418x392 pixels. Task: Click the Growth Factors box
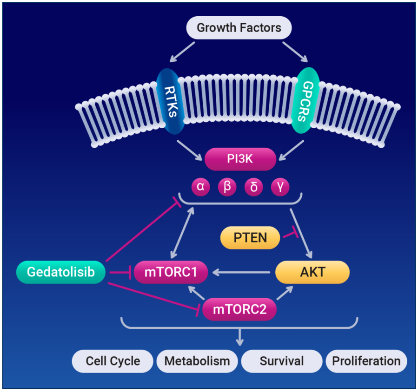coord(239,28)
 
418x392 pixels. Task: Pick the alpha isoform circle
coord(200,187)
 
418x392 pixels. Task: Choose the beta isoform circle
coord(227,187)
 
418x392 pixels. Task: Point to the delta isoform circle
coord(254,187)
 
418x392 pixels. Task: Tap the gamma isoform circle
coord(280,187)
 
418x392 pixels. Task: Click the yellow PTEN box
coord(250,238)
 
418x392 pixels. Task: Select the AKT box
coord(312,272)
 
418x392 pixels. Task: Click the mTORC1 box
coord(170,272)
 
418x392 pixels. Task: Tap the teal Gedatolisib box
coord(60,272)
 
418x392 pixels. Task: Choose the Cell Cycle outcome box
coord(113,361)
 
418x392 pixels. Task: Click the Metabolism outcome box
coord(197,361)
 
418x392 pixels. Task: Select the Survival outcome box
coord(281,361)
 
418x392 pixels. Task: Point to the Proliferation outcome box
coord(366,361)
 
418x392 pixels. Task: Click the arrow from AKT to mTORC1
coord(241,272)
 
